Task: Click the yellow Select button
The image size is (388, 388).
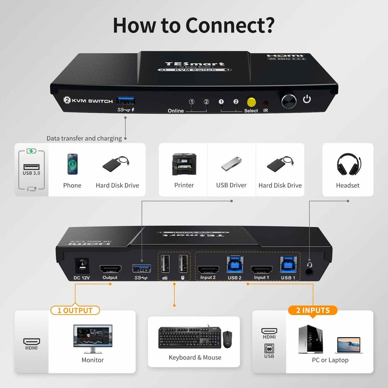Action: coord(251,102)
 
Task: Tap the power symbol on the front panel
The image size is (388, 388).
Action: coord(307,99)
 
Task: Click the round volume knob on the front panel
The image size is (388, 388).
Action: coord(289,101)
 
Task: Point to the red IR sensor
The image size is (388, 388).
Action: coord(265,103)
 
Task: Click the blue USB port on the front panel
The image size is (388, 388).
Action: coord(125,101)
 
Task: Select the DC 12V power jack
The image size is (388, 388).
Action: coord(82,266)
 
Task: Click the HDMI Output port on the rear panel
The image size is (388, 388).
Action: coord(110,269)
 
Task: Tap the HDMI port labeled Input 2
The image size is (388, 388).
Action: coord(208,270)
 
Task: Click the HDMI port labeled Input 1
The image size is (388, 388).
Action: coord(262,270)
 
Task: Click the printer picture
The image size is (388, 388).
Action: coord(184,164)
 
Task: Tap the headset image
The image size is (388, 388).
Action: coord(348,164)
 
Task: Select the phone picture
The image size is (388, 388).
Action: coord(72,164)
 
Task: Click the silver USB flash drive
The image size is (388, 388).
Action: coord(231,163)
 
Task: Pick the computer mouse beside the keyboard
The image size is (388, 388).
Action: coord(227,339)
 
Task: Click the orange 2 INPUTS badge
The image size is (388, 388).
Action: coord(313,310)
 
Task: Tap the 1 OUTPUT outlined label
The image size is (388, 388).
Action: coord(75,310)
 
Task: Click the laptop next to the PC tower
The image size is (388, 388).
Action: coord(349,345)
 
